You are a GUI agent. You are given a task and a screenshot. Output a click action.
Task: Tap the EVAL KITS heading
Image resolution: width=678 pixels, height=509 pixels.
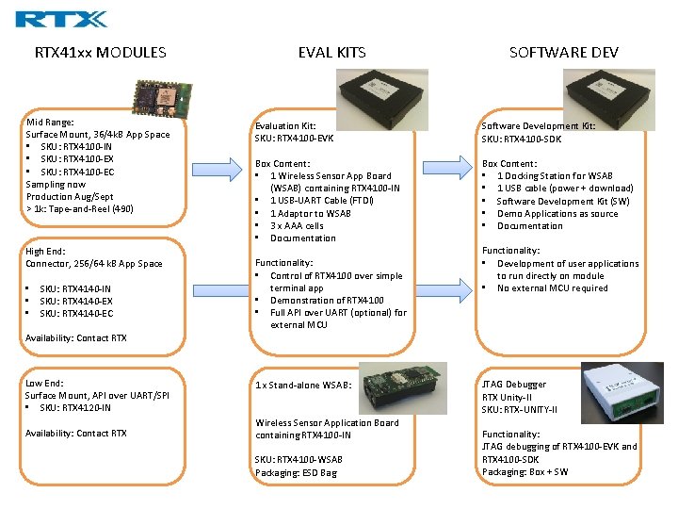click(x=331, y=53)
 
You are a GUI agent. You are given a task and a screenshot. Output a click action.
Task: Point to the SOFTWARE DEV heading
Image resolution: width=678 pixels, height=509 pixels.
click(x=564, y=53)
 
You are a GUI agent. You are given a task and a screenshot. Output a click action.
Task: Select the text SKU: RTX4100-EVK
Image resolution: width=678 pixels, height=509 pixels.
click(x=294, y=139)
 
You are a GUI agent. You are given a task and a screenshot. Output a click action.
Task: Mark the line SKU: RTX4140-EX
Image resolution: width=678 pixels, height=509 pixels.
click(x=75, y=301)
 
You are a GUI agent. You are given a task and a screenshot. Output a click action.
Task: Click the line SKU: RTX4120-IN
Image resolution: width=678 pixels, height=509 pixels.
click(x=75, y=408)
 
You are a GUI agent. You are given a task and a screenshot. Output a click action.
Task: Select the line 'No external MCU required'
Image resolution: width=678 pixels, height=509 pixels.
click(x=552, y=288)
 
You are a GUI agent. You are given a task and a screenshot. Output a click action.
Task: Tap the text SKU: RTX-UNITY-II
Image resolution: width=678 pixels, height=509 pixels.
click(x=520, y=409)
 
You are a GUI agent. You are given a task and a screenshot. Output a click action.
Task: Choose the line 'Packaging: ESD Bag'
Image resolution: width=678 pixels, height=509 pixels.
click(x=296, y=472)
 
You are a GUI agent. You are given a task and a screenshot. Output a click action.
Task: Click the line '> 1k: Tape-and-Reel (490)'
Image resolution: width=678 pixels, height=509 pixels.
click(x=80, y=208)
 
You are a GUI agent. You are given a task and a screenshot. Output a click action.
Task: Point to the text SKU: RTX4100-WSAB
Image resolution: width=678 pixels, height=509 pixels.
click(x=299, y=459)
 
